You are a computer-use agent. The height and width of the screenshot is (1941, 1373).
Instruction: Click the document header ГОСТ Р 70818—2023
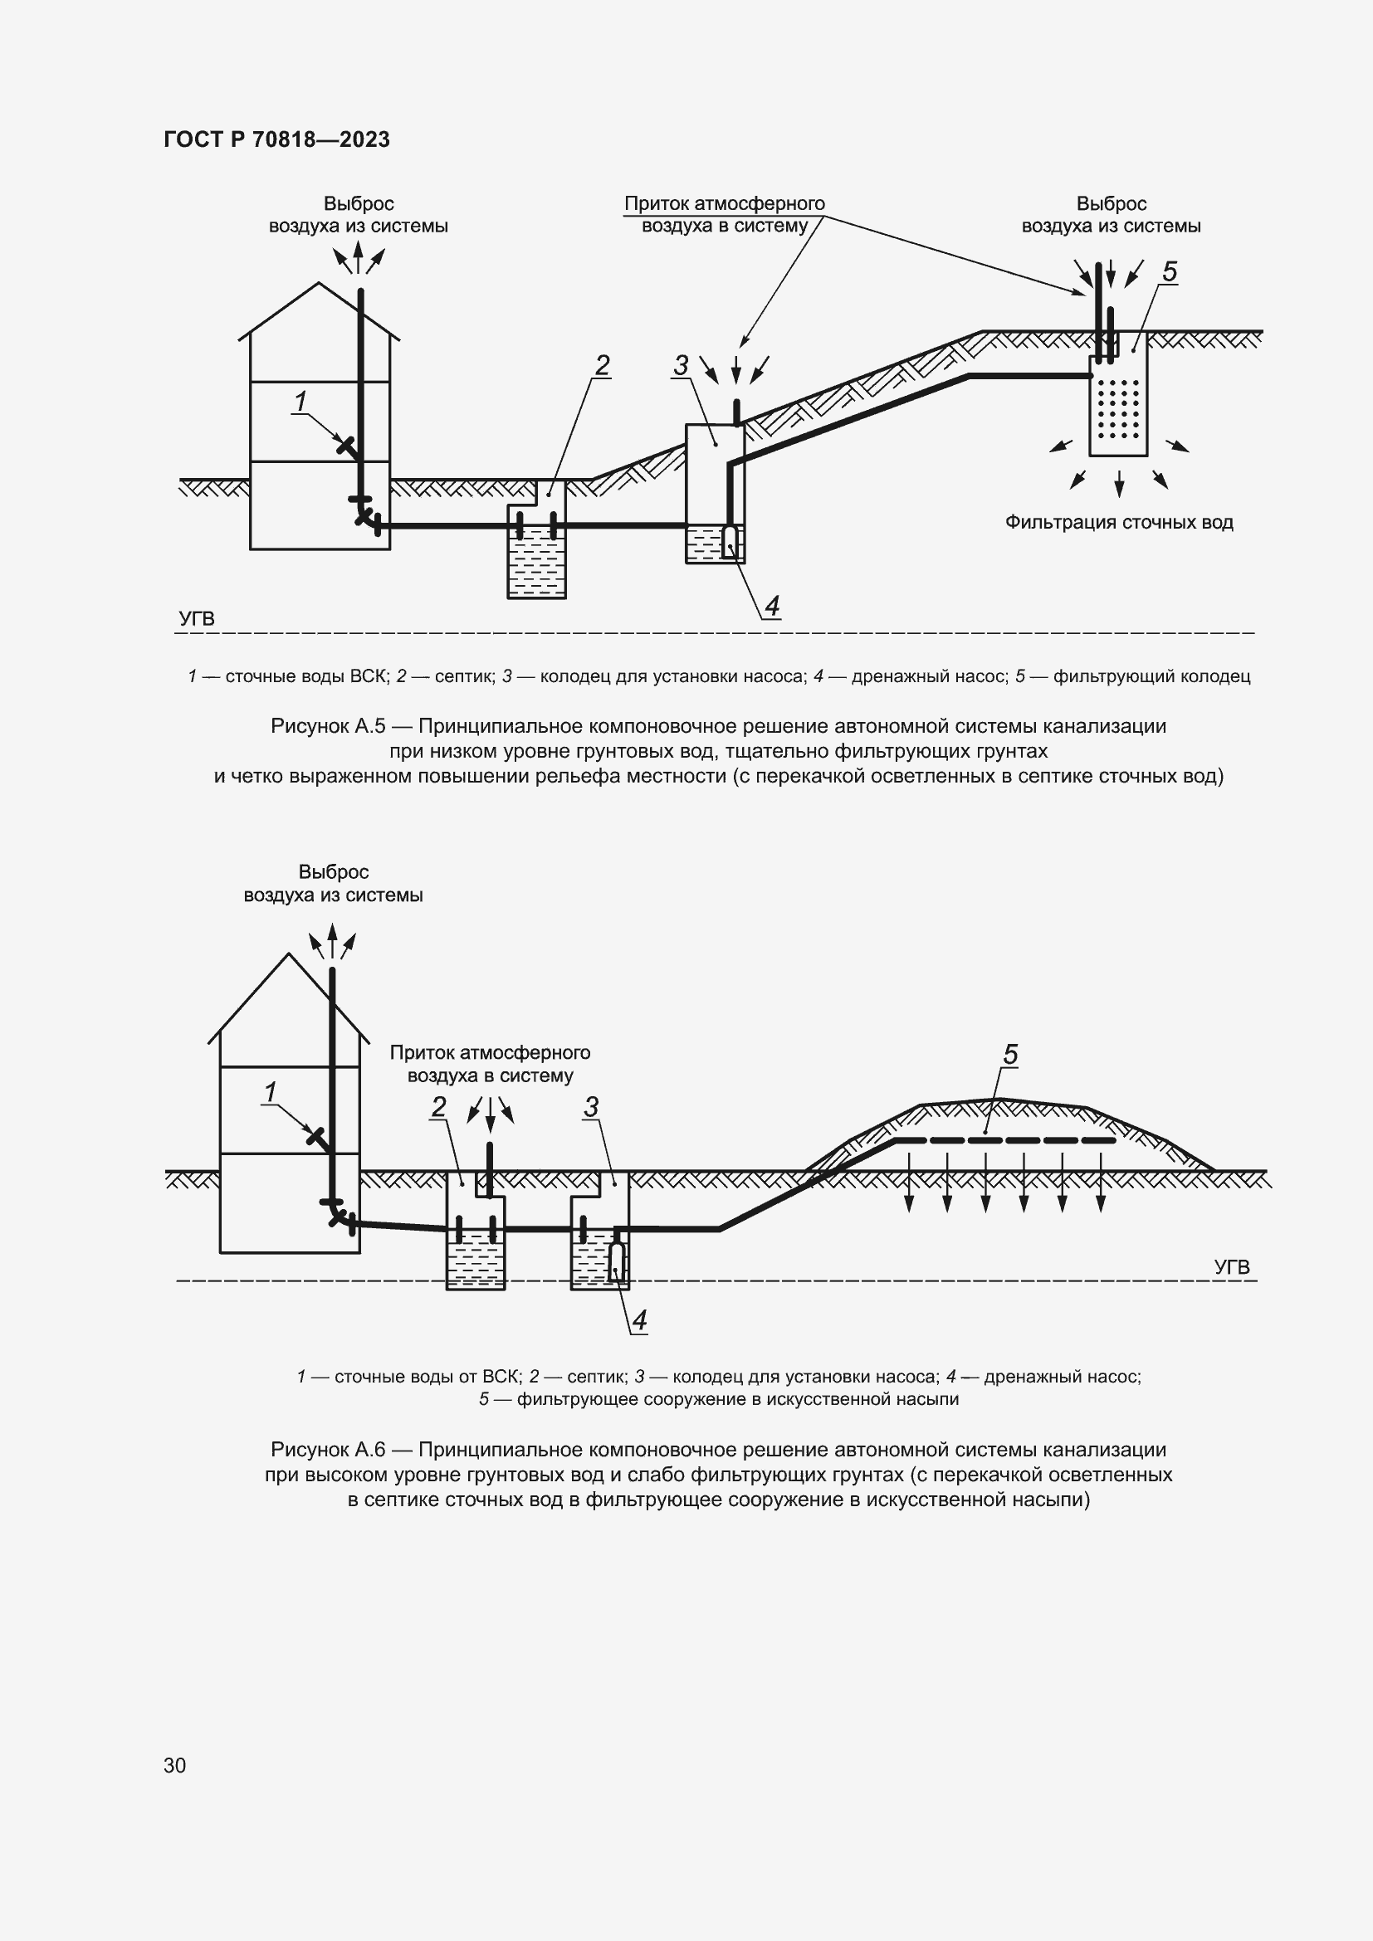[x=276, y=139]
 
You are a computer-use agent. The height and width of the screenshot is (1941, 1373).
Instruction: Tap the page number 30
[x=175, y=1765]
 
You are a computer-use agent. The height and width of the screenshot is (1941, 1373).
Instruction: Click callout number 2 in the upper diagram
[x=602, y=365]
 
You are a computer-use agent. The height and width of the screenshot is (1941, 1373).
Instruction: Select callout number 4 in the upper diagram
[x=771, y=605]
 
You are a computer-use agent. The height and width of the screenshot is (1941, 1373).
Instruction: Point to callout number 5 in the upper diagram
[x=1170, y=271]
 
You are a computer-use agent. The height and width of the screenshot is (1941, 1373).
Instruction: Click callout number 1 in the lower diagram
[x=271, y=1092]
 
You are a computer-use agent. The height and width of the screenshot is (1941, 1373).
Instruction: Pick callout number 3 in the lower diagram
[x=591, y=1107]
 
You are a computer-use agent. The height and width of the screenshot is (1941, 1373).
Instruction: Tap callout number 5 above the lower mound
[x=1010, y=1054]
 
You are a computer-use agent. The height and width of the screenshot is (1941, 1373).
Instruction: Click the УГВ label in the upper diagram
[x=197, y=618]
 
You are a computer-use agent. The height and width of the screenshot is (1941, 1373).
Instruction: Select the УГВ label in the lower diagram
[x=1232, y=1266]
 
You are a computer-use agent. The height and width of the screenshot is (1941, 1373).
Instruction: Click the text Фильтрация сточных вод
[x=1118, y=523]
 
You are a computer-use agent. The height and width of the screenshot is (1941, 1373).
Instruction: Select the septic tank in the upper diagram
[x=537, y=549]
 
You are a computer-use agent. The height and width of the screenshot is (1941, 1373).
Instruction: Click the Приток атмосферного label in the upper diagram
[x=725, y=204]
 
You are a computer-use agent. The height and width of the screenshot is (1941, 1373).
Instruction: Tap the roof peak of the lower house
[x=289, y=954]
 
